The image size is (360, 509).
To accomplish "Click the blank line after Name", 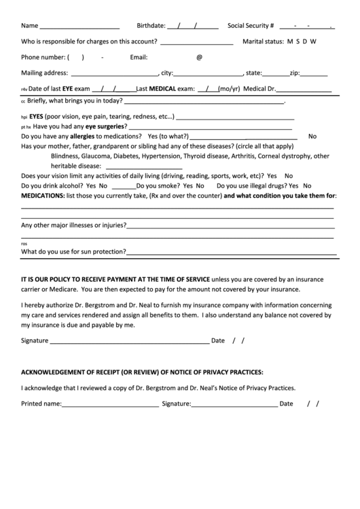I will [x=79, y=28].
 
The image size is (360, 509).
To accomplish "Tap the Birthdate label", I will [x=151, y=26].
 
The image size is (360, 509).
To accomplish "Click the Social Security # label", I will [x=251, y=26].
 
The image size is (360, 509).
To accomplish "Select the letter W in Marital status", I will [x=314, y=41].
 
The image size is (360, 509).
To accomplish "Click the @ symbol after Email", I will [x=199, y=57].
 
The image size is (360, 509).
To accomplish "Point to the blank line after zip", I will [x=314, y=74].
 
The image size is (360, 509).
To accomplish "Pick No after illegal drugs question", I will [x=307, y=186].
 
